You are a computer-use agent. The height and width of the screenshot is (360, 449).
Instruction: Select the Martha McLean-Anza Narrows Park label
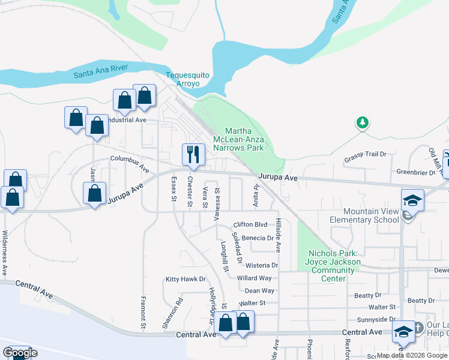coord(244,139)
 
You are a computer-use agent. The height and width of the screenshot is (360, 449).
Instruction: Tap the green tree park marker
coord(362,123)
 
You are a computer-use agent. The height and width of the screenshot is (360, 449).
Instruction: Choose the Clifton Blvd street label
coord(250,224)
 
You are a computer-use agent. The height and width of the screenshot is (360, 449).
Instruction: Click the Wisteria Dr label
coord(262,265)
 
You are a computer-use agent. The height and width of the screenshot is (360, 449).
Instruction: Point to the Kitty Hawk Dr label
coord(185,279)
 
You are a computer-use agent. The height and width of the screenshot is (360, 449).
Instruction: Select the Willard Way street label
coord(255,278)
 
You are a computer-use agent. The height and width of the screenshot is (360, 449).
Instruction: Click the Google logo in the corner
coord(20,353)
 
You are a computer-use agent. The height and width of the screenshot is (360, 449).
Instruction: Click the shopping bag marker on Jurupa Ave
coord(94,194)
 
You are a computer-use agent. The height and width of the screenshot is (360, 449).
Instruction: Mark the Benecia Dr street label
coord(258,238)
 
